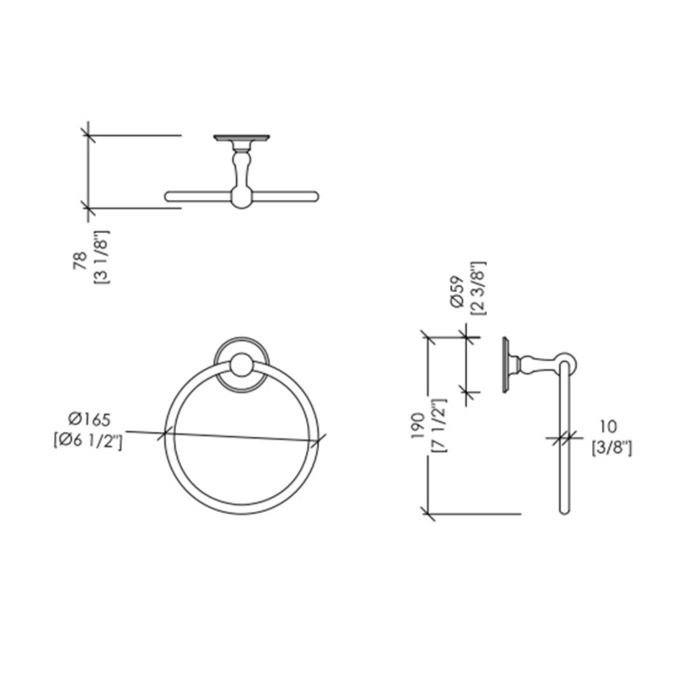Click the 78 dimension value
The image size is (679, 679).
coord(80,261)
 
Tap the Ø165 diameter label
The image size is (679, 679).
coord(89,420)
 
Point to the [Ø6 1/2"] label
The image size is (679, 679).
coord(88,442)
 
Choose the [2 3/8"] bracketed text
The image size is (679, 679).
coord(478,288)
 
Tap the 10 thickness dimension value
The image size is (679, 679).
coord(609,426)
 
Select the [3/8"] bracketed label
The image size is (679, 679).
coord(611,449)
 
